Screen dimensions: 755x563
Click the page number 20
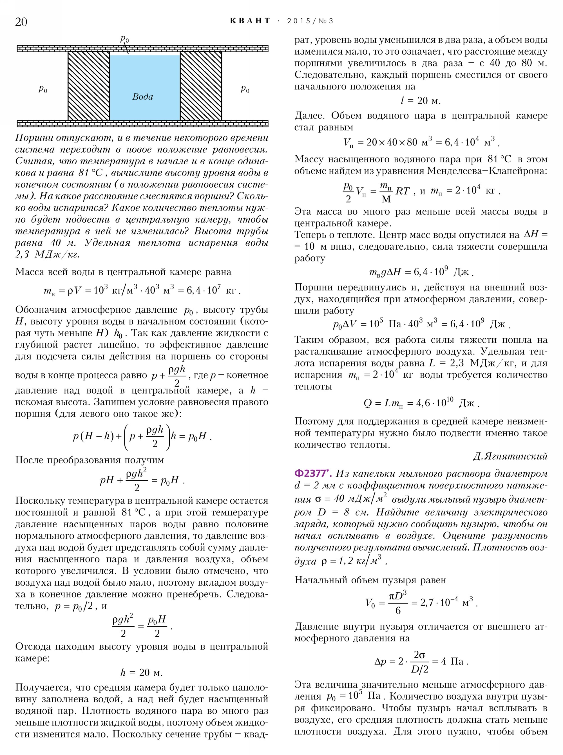21,21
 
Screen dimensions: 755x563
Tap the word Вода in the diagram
142,97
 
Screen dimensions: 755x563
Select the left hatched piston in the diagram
89,86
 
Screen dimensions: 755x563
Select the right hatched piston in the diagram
201,86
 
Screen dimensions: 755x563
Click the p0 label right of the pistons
245,89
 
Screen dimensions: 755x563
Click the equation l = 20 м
421,101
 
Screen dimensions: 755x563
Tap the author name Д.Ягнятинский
510,456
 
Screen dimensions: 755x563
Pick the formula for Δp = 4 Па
421,662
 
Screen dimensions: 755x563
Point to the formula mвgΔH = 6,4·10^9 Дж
421,272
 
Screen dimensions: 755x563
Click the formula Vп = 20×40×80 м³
421,142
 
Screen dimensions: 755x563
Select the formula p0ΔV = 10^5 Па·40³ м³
421,324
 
